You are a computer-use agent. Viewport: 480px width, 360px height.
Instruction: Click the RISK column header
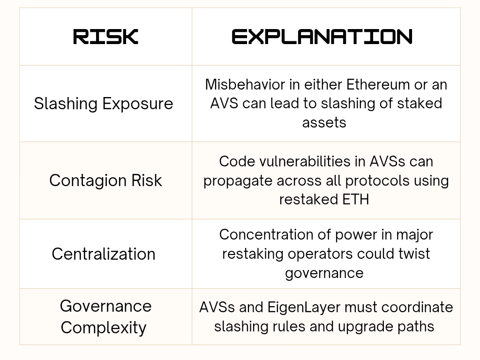(x=105, y=37)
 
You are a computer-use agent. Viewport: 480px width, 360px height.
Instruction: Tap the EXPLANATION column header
(x=322, y=37)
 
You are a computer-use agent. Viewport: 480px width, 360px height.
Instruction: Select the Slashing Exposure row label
(x=104, y=104)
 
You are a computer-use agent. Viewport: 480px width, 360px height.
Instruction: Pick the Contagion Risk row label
(x=105, y=180)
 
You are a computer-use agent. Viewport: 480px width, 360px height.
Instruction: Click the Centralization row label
(x=104, y=254)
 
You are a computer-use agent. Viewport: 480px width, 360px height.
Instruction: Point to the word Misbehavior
(x=245, y=84)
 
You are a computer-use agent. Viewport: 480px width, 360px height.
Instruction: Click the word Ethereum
(x=378, y=84)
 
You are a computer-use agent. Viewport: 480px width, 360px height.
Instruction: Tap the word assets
(x=324, y=123)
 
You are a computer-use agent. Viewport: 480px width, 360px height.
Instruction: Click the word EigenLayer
(x=304, y=307)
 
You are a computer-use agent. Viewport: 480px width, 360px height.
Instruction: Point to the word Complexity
(x=104, y=328)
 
